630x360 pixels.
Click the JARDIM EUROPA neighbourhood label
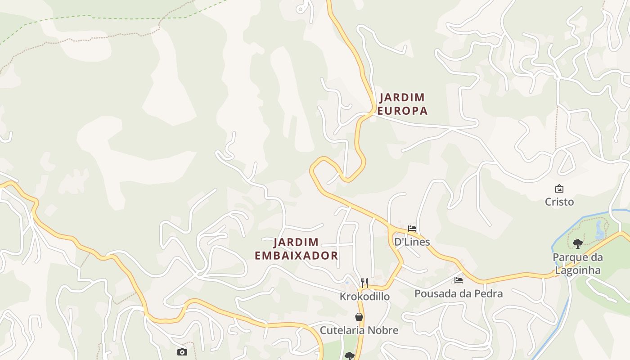tap(402, 104)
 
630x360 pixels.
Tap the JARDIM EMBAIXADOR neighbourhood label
tap(296, 249)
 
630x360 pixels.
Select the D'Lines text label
tap(412, 242)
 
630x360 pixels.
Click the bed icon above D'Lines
tap(412, 229)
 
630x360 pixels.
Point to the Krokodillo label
tap(364, 297)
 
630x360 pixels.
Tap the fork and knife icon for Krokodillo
tap(364, 283)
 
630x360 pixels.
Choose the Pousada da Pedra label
tap(458, 293)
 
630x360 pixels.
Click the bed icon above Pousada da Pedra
tap(458, 280)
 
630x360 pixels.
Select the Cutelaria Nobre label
tap(359, 330)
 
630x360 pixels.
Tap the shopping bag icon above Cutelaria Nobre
tap(359, 317)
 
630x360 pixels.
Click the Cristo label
tap(559, 202)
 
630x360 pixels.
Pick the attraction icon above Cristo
tap(559, 189)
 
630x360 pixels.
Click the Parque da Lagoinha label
tap(577, 264)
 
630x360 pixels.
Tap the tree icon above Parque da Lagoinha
tap(578, 244)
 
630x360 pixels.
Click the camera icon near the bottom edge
tap(182, 352)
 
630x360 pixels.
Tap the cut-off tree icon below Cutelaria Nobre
tap(349, 356)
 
